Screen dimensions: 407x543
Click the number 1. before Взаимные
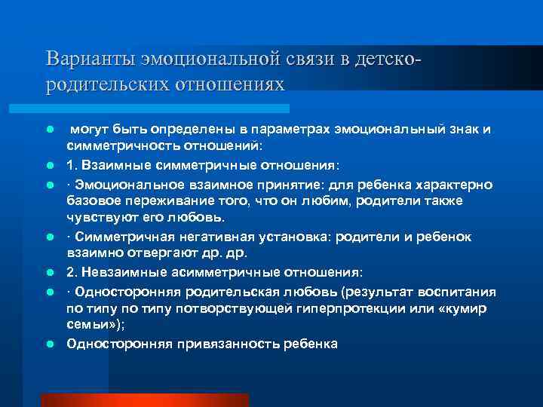(72, 164)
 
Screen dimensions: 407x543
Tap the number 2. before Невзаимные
(72, 272)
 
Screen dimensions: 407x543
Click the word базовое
(94, 200)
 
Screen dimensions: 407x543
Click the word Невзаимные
(124, 272)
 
